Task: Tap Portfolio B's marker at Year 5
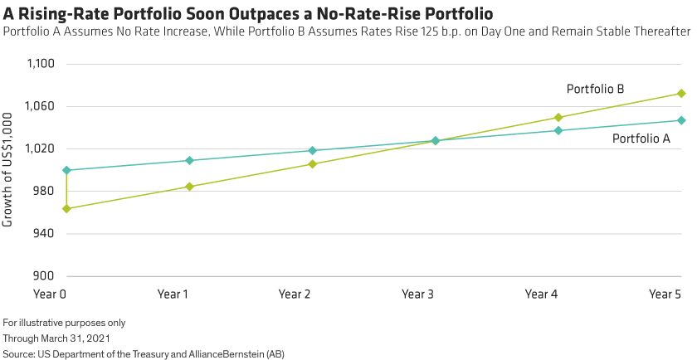click(x=681, y=93)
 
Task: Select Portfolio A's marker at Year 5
click(x=681, y=120)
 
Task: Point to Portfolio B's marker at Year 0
click(x=66, y=208)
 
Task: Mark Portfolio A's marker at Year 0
click(x=66, y=170)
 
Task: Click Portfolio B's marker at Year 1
click(x=189, y=187)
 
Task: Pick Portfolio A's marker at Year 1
click(x=189, y=160)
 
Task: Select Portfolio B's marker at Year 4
click(x=558, y=118)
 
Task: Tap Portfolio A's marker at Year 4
click(x=558, y=130)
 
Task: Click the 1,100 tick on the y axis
click(x=40, y=64)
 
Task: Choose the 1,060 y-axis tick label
click(x=40, y=106)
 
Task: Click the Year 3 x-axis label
click(x=417, y=294)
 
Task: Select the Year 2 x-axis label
click(x=294, y=294)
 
